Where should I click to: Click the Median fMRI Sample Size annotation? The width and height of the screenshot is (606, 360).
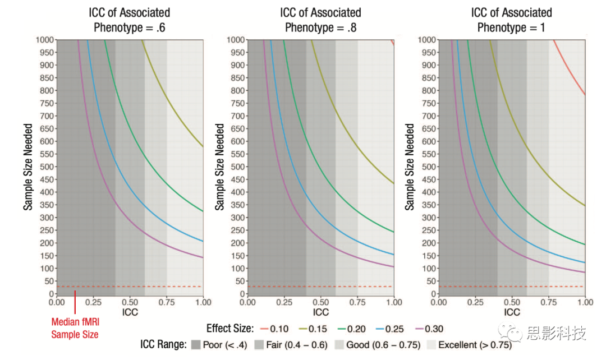click(75, 328)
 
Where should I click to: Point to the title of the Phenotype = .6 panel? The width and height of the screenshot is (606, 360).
click(130, 20)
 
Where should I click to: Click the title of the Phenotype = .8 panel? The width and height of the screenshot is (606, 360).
click(321, 20)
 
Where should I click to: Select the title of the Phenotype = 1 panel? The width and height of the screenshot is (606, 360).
click(512, 20)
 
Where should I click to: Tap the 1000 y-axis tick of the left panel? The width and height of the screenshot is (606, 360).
click(45, 40)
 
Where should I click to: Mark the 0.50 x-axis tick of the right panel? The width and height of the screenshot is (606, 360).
click(512, 302)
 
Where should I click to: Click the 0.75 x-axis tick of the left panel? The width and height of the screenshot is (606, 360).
click(167, 302)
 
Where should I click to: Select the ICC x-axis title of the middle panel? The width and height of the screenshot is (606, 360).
click(321, 312)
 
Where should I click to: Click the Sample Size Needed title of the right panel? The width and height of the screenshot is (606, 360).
click(410, 167)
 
